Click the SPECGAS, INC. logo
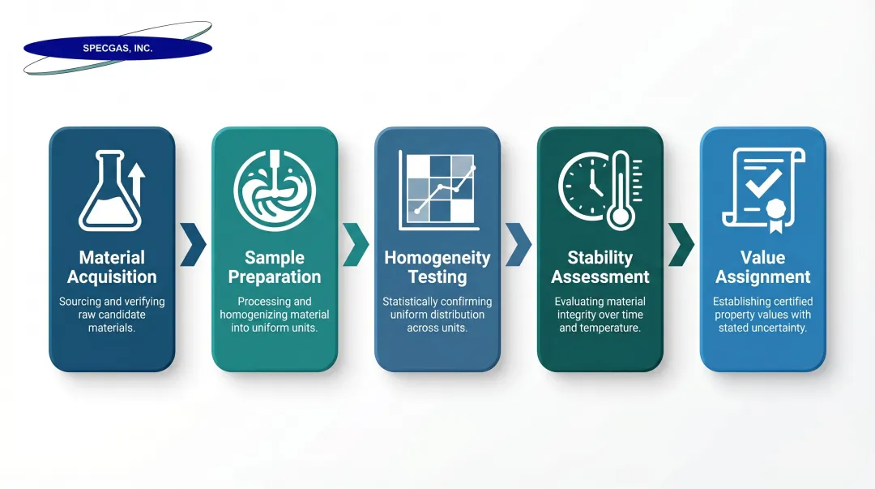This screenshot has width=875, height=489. (117, 49)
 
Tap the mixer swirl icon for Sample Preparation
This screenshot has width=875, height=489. (275, 191)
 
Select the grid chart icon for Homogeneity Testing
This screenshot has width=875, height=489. (437, 191)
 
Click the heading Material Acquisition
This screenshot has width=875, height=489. (112, 268)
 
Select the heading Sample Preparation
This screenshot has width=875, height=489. (275, 268)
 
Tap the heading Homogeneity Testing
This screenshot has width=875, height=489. (437, 268)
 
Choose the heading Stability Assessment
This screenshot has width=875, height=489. (600, 268)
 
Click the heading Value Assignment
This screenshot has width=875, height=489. (762, 268)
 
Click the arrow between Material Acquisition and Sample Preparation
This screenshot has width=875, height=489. (193, 244)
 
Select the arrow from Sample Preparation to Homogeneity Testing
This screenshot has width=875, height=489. (356, 244)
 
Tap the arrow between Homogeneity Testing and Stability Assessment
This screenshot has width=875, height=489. (519, 244)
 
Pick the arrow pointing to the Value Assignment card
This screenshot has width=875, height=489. (681, 244)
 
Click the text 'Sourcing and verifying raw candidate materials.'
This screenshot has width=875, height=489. (112, 315)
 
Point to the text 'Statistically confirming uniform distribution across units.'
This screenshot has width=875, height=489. (437, 315)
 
